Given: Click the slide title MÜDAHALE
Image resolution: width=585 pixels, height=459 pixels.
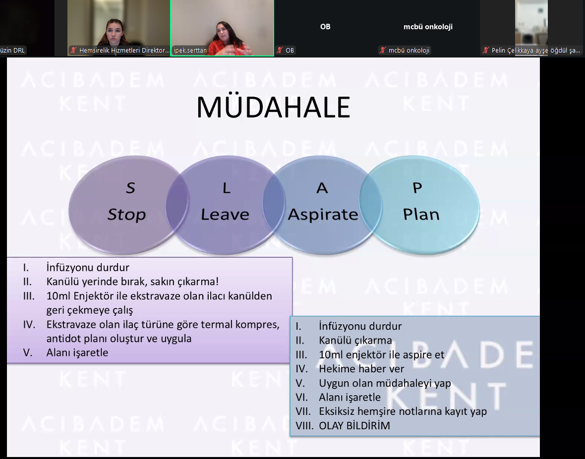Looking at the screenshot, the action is point(273,107).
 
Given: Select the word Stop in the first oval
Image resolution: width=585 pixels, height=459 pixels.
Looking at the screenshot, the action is point(126,215).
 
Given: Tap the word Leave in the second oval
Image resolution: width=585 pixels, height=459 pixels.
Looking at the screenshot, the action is point(225,215).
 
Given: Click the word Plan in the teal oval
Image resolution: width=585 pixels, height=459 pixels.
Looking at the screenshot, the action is point(421,214).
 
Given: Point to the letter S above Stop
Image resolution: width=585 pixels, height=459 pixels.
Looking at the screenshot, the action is point(130,188).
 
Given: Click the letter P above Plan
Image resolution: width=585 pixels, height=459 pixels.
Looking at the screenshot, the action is point(417,188).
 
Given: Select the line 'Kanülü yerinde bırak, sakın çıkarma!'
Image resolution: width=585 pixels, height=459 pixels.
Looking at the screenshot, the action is point(132,282).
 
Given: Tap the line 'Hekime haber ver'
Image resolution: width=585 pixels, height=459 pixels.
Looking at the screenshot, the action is point(361,369).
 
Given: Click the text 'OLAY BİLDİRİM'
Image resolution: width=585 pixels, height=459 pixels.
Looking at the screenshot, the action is point(354,425).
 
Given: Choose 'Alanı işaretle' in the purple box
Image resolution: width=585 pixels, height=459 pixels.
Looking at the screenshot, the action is point(77,352).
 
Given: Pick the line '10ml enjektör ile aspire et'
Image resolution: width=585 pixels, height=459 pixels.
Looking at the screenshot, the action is point(382,354).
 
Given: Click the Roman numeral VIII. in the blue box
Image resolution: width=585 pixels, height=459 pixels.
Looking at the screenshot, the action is point(304,425).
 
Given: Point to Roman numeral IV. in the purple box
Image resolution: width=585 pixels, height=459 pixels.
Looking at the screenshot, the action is point(29,324).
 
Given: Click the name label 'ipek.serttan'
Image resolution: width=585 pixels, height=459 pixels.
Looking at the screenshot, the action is point(190,51).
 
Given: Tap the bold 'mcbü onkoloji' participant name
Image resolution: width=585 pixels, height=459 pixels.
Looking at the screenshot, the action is point(428,26).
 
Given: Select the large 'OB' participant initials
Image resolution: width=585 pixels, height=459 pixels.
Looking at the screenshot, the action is point(325,26).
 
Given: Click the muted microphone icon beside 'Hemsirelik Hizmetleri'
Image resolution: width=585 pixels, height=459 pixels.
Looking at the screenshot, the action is point(73,51).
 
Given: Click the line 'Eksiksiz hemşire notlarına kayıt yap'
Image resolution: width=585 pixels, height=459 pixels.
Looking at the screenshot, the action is point(403,411).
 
